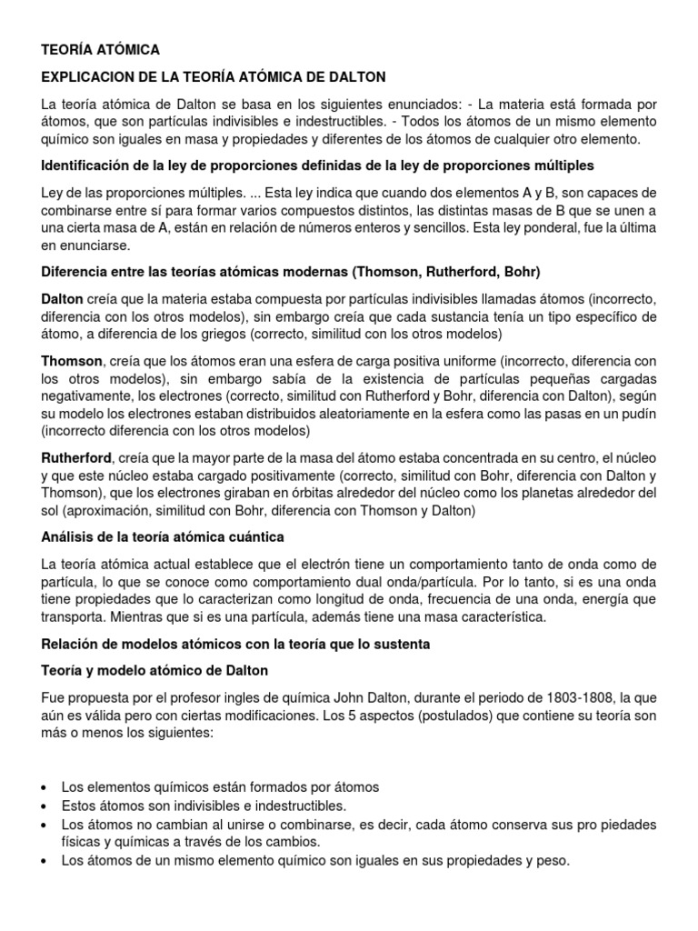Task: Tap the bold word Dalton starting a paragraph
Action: coord(62,298)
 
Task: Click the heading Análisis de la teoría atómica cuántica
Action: coord(163,537)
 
